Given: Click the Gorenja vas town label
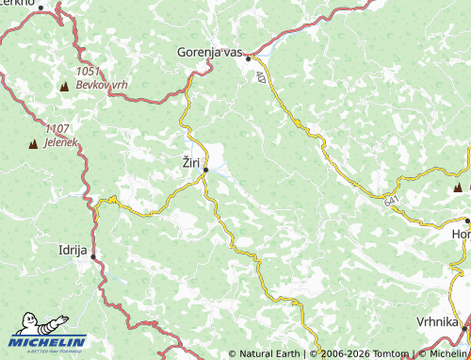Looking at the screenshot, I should [x=210, y=53].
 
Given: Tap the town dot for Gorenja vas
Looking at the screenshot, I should [x=249, y=58].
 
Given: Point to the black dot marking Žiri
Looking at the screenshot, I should [x=205, y=170].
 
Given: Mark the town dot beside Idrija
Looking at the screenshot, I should [x=93, y=256].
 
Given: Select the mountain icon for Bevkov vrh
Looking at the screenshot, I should [x=64, y=87].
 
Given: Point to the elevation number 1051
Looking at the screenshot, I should [x=89, y=71].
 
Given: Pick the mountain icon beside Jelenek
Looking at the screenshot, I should [x=31, y=144].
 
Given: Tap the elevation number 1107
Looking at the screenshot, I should [x=57, y=129].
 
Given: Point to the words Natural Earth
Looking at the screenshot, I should [x=268, y=354].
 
